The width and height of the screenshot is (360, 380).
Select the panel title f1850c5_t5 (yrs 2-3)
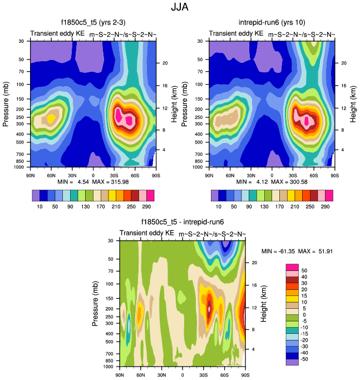pyautogui.click(x=93, y=23)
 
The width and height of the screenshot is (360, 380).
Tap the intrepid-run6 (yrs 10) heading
pyautogui.click(x=272, y=23)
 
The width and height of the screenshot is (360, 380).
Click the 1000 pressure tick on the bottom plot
pyautogui.click(x=107, y=367)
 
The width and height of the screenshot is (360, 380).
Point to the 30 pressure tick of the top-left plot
pyautogui.click(x=21, y=41)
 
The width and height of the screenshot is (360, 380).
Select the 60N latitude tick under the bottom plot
pyautogui.click(x=141, y=375)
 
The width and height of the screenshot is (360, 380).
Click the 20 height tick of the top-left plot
pyautogui.click(x=165, y=63)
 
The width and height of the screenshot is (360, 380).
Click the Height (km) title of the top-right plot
pyautogui.click(x=353, y=103)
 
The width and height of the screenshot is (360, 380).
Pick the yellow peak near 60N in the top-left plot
pyautogui.click(x=51, y=118)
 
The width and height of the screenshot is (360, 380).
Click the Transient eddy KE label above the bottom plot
pyautogui.click(x=147, y=233)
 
